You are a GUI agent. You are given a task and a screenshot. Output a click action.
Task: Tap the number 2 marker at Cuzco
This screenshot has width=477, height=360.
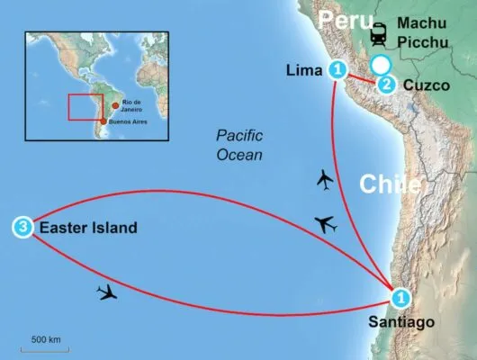pyautogui.click(x=386, y=85)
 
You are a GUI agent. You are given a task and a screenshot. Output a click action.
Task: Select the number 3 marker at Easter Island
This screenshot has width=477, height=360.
pyautogui.click(x=22, y=229)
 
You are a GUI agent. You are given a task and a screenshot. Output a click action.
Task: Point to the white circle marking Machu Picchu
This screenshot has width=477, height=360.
pyautogui.click(x=381, y=63)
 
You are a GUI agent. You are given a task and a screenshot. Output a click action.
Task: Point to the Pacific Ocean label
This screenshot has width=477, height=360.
pyautogui.click(x=239, y=144)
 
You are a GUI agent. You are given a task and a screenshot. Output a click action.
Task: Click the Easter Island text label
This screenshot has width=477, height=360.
pyautogui.click(x=88, y=229)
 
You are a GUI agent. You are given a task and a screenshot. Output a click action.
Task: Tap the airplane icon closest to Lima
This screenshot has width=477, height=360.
pyautogui.click(x=326, y=181)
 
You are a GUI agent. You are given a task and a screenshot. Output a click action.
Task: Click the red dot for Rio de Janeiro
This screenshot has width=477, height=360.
pyautogui.click(x=114, y=106)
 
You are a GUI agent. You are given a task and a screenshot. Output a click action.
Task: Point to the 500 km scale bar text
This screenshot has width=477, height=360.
pyautogui.click(x=46, y=340)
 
